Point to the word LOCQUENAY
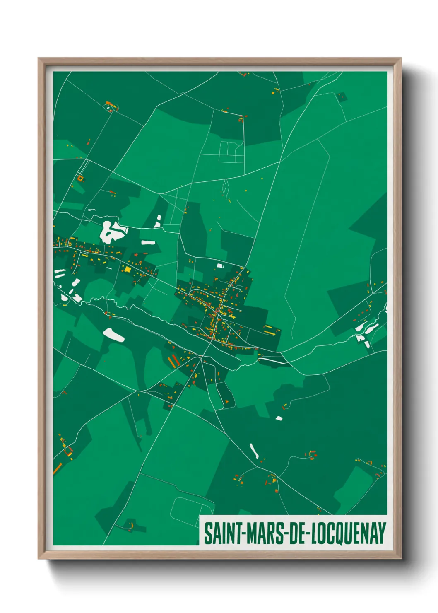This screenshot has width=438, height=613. (x=348, y=533)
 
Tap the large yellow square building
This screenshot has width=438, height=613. (x=128, y=269)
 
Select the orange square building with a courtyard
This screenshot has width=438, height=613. (x=80, y=179)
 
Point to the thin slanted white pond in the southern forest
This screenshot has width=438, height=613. (x=254, y=451)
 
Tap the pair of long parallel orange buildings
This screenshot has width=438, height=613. (x=172, y=361)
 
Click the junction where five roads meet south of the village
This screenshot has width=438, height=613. (x=202, y=357)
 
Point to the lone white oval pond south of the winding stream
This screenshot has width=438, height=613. (x=113, y=335)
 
